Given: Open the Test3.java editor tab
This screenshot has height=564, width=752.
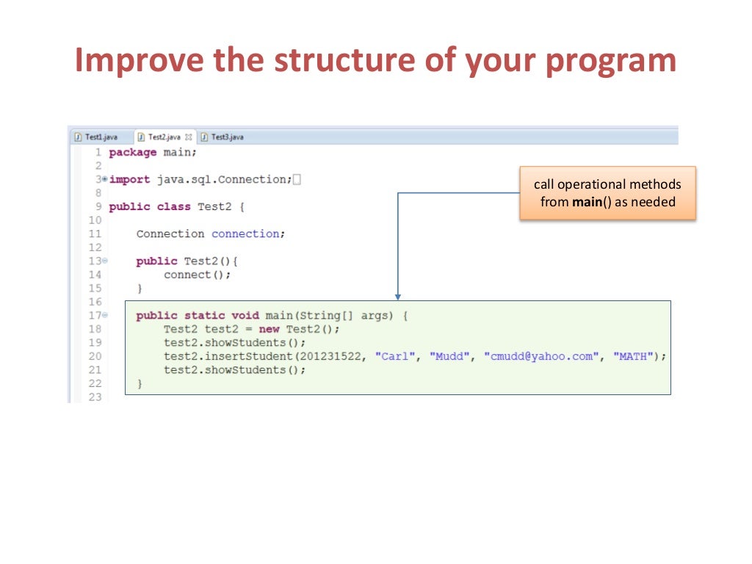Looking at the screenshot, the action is point(227,137).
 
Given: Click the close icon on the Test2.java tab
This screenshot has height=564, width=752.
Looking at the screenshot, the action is point(189,137).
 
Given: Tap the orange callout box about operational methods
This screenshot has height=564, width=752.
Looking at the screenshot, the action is point(607,193).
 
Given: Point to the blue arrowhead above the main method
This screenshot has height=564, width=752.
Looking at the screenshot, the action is point(398,297).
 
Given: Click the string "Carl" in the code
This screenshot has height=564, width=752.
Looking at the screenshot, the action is point(391,356).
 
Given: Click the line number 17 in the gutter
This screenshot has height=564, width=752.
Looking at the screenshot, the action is point(94,316).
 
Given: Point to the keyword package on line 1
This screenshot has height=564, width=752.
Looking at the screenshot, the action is point(133,153).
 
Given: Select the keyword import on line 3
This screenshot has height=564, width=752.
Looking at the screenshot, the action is point(130,180).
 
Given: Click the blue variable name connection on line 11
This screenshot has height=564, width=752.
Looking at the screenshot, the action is point(245,234).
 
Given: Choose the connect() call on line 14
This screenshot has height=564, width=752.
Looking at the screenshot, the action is point(197,275).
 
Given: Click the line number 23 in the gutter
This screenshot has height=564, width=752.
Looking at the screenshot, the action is point(94,397).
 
